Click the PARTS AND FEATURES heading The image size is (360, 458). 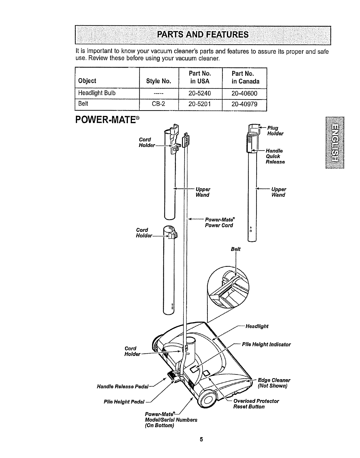click(x=202, y=35)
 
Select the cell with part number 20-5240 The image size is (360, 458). click(x=200, y=93)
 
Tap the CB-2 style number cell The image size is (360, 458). click(x=159, y=104)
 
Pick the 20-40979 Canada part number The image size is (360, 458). click(x=244, y=104)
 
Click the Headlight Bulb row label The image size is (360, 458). click(x=97, y=93)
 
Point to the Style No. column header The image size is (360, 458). click(x=159, y=81)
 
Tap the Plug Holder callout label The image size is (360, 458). click(x=275, y=131)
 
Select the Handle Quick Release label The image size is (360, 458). click(x=275, y=156)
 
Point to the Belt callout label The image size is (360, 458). click(x=236, y=249)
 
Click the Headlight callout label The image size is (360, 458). click(x=257, y=326)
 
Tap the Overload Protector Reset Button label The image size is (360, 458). click(x=256, y=404)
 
